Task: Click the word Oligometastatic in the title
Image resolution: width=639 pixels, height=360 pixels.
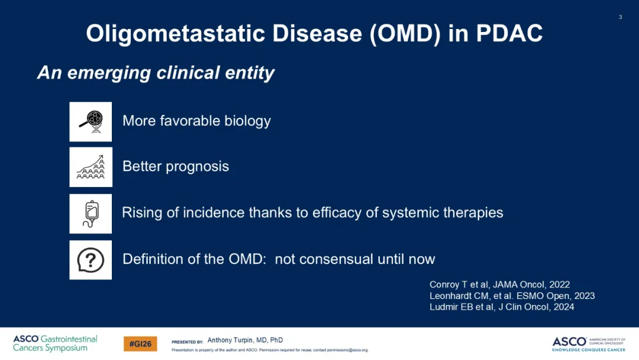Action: pos(176,33)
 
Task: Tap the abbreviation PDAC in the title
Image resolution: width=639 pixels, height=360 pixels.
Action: pos(509,33)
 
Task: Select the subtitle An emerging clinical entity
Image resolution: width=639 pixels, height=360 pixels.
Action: pos(156,73)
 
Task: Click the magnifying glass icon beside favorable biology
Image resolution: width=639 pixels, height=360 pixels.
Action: pos(91,121)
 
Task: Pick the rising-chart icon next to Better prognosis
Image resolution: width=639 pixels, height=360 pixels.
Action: pos(91,167)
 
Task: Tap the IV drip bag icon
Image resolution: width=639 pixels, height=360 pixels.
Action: pos(91,214)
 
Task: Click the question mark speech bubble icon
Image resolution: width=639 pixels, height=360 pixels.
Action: pos(91,260)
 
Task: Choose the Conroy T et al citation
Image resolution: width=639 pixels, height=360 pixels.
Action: pos(499,285)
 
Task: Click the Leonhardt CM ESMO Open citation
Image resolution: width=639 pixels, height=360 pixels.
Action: pos(512,296)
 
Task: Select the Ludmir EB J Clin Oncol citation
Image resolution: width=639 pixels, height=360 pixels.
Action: pos(502,307)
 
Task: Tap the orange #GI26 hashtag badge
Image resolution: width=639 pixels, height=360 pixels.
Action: pos(140,344)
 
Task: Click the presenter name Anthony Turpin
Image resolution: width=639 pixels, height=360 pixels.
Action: pos(245,340)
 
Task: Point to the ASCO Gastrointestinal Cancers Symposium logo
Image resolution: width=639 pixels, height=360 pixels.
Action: pos(55,343)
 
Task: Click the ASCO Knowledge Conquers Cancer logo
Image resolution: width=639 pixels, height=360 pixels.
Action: pos(589,344)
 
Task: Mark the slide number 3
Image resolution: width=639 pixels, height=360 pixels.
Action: pos(620,17)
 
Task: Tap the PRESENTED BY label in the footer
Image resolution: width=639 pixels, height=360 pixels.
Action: pos(188,342)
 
